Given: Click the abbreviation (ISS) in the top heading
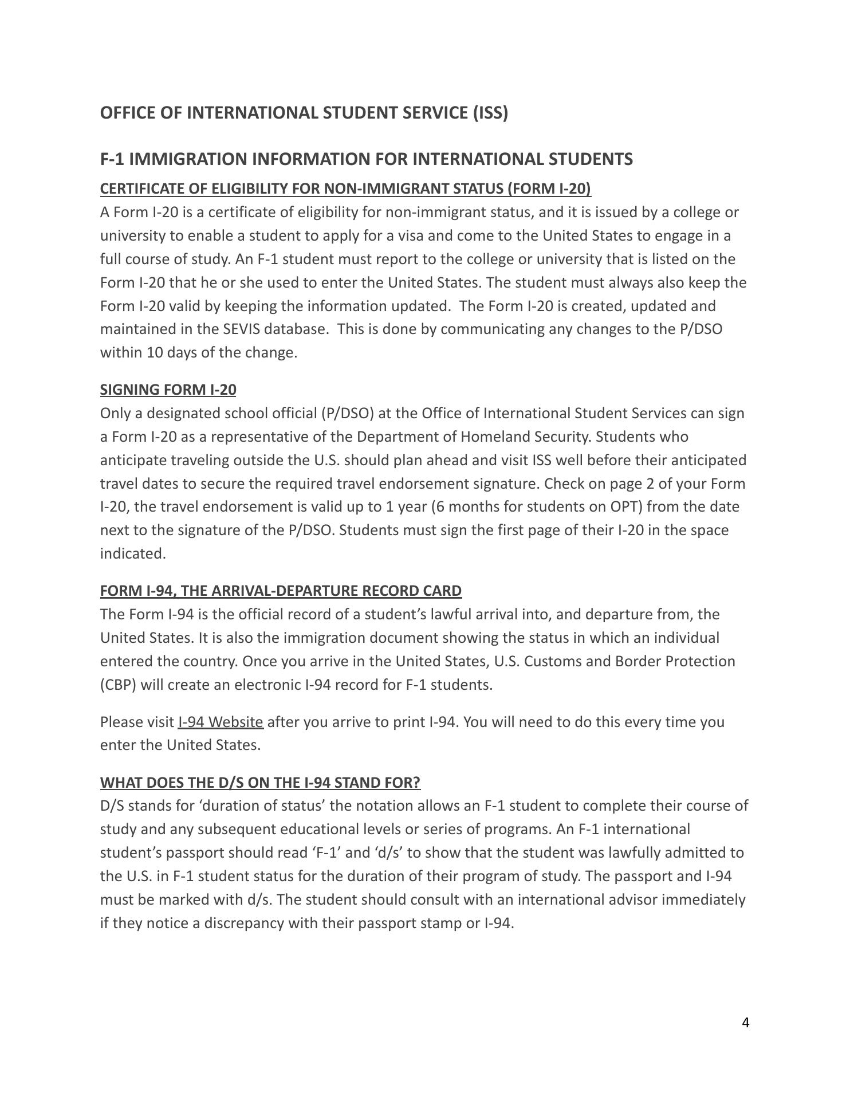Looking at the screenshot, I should [490, 113].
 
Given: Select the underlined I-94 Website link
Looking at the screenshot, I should [221, 722].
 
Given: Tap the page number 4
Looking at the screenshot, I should [745, 1023].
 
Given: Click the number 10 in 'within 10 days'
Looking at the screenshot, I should [155, 352].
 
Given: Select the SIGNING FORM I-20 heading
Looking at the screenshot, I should [168, 390].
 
